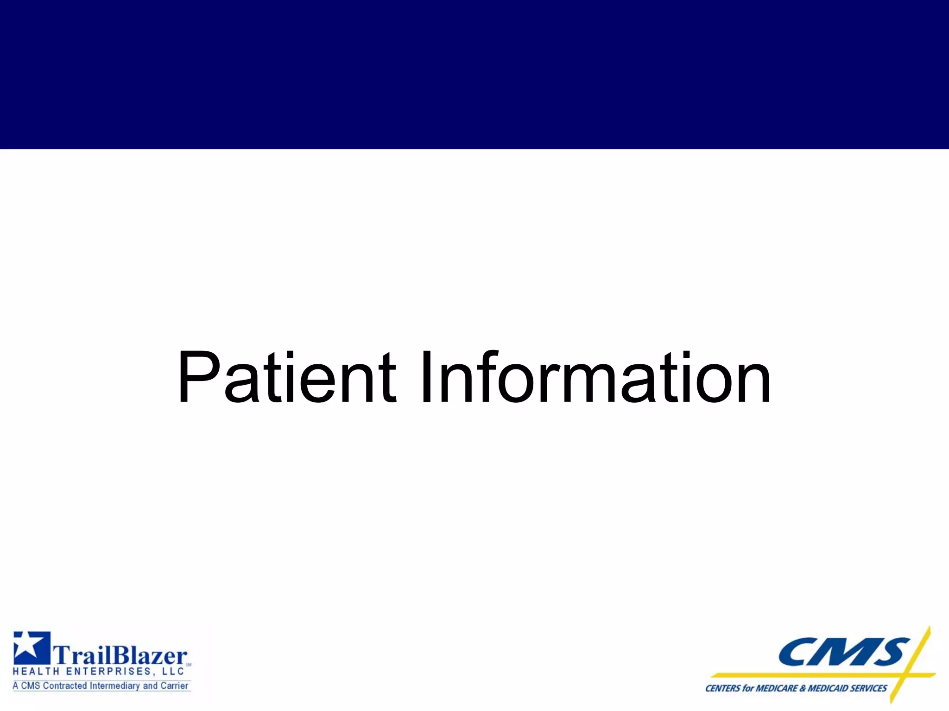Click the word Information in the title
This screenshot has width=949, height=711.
click(595, 378)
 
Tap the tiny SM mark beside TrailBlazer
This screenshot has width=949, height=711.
click(189, 665)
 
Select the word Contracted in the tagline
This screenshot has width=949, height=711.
click(64, 686)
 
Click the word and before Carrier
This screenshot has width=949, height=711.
click(151, 686)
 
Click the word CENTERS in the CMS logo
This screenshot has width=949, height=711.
click(722, 688)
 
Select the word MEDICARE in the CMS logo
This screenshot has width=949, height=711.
click(777, 688)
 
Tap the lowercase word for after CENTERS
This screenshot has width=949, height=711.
click(747, 688)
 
